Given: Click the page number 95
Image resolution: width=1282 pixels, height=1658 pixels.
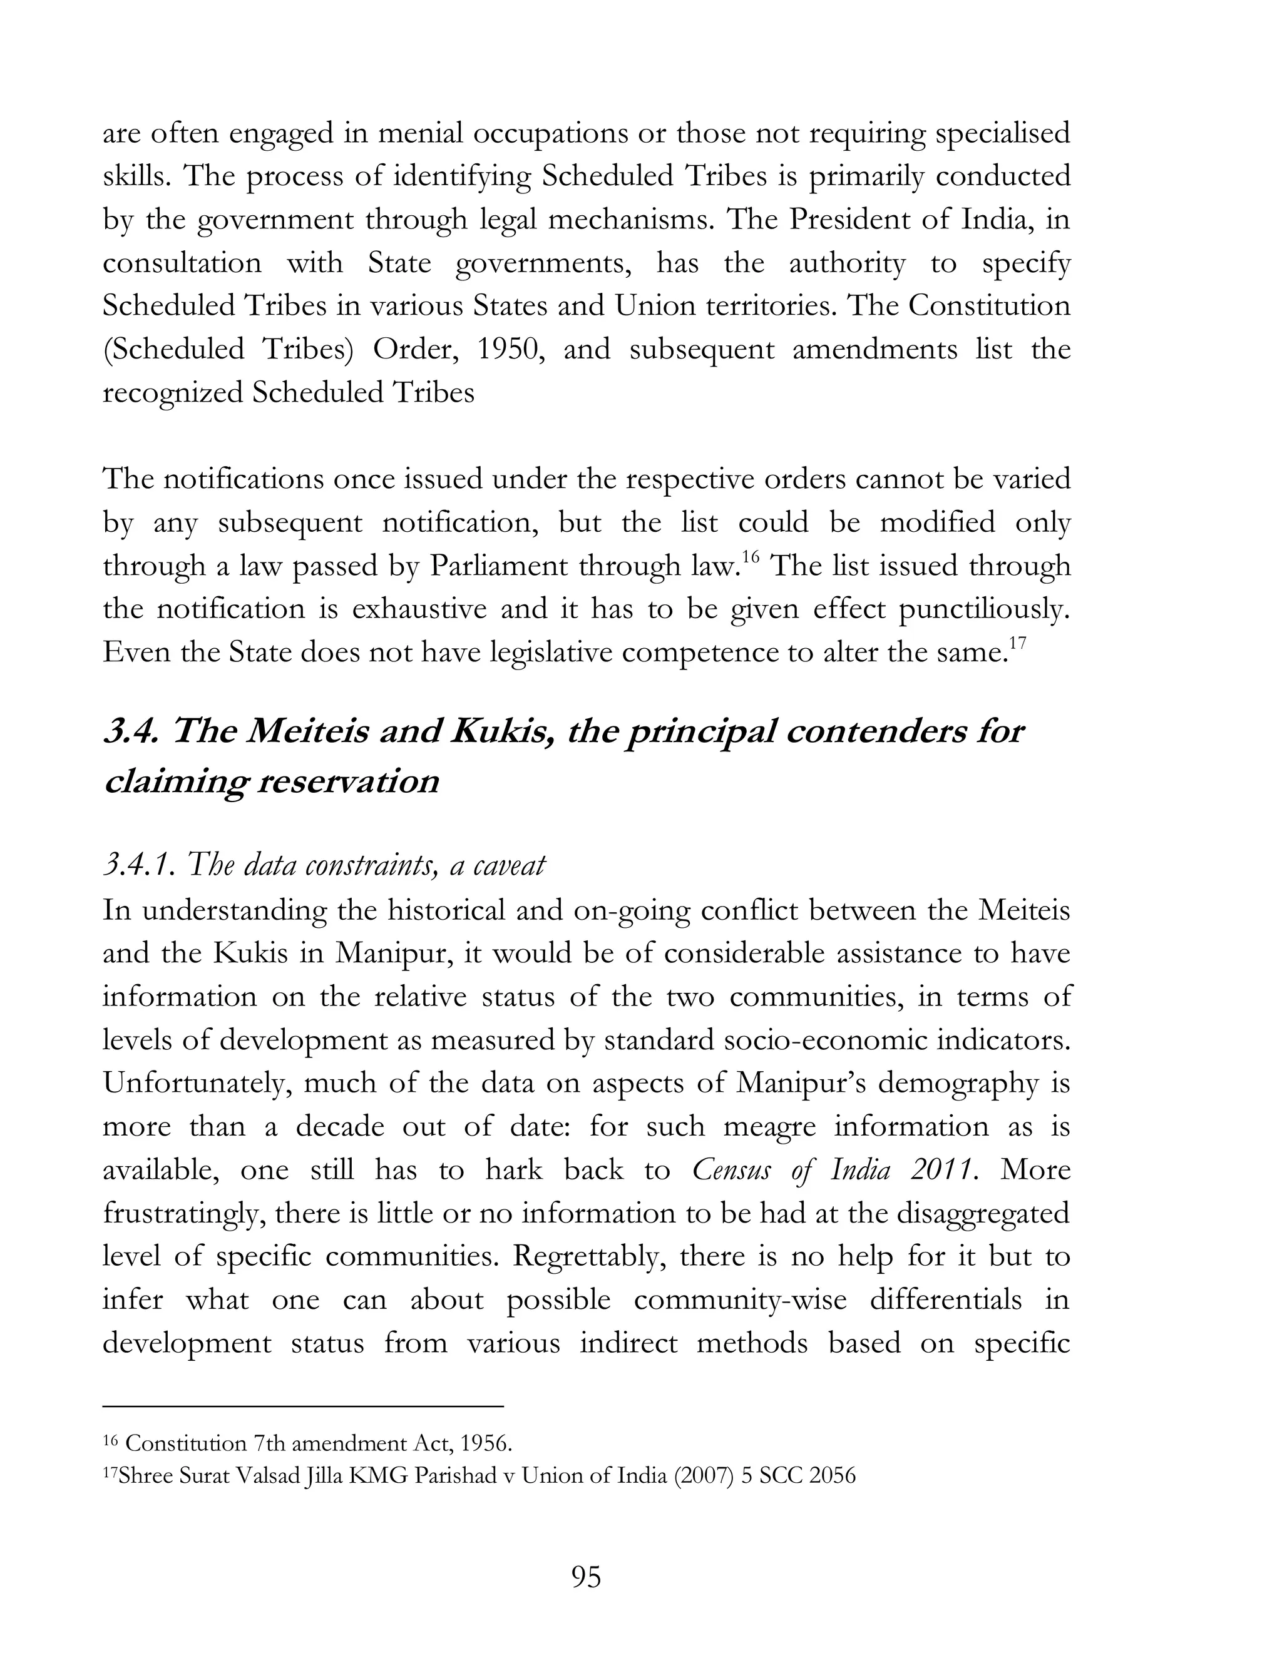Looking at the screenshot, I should click(x=585, y=1577).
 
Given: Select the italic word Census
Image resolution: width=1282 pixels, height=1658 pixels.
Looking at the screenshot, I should click(x=731, y=1170).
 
